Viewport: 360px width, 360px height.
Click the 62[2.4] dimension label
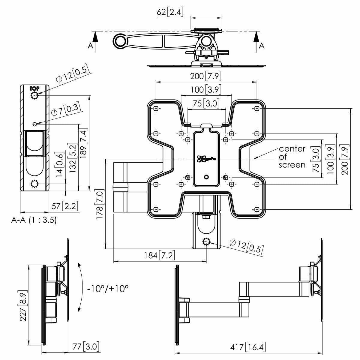170,12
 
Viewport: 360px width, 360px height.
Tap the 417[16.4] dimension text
248,348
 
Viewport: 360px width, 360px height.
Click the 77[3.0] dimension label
86,347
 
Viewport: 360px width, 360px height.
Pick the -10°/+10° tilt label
108,289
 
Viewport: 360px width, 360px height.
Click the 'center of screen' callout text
292,157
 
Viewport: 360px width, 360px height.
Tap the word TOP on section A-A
34,88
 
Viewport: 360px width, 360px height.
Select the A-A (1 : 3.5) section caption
34,220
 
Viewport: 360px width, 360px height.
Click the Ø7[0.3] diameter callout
66,110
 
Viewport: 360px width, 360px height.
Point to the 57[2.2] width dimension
65,206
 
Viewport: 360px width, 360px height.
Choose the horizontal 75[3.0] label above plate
206,103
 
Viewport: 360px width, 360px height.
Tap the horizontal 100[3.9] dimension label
206,89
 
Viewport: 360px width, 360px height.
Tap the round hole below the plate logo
206,177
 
